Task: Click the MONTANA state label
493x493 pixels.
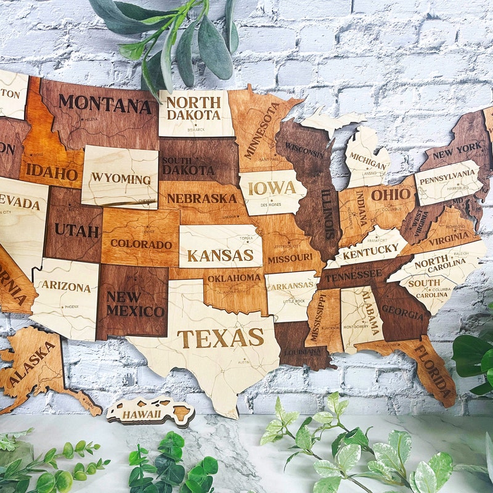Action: tap(105, 104)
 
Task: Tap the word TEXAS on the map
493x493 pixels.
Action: tap(220, 338)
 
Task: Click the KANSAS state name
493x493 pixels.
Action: tap(220, 255)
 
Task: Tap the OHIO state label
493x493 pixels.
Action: tap(391, 195)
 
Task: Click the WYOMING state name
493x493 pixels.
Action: tap(121, 178)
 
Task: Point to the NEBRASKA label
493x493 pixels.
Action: tap(202, 198)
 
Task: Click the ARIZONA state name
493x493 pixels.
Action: tap(66, 287)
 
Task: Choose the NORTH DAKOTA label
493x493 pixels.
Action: tap(194, 108)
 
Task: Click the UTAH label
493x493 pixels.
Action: tap(76, 230)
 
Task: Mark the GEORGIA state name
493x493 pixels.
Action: tap(403, 313)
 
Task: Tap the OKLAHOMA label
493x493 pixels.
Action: tap(234, 278)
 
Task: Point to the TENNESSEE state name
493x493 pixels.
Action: tap(354, 275)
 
